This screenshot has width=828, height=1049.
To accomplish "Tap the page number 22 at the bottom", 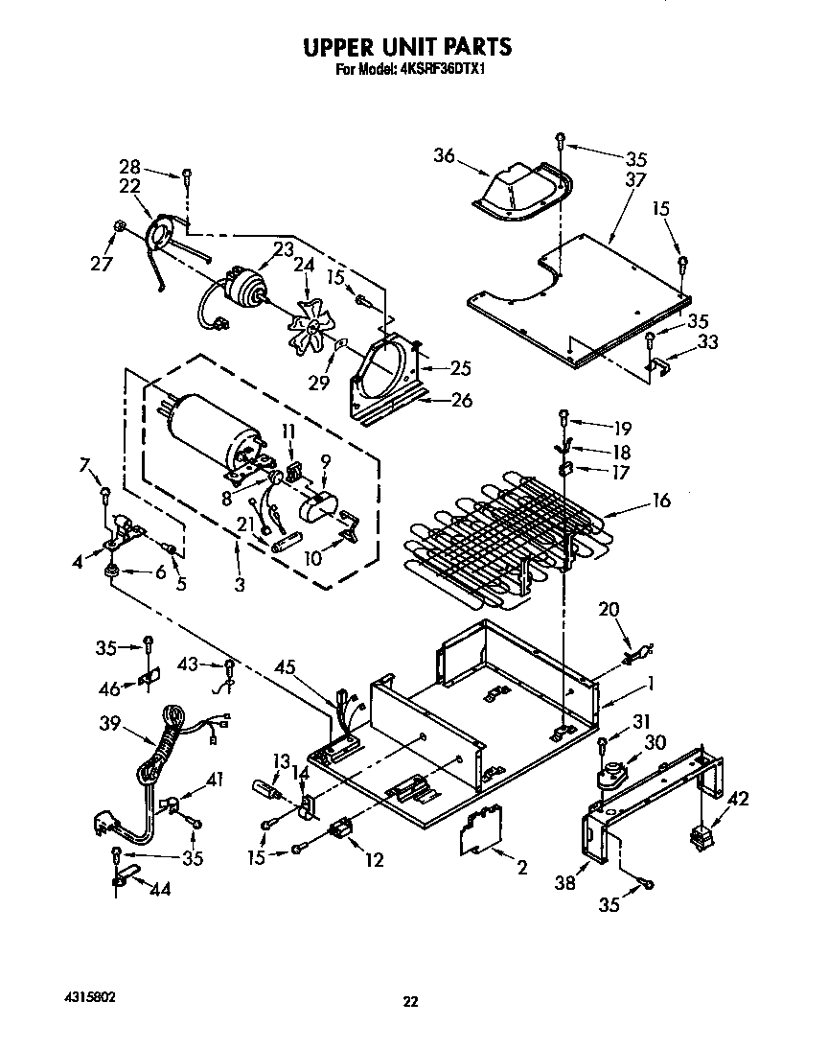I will pos(410,1002).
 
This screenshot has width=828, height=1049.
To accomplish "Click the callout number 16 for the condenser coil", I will pos(660,500).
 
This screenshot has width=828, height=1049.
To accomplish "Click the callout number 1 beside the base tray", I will pos(651,684).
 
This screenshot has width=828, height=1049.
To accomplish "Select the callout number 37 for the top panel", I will pos(633,179).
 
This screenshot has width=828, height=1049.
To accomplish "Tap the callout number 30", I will pos(654,742).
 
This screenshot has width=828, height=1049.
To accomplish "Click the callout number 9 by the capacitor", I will pos(324,462).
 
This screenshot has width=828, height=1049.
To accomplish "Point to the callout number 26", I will pos(461,400).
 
